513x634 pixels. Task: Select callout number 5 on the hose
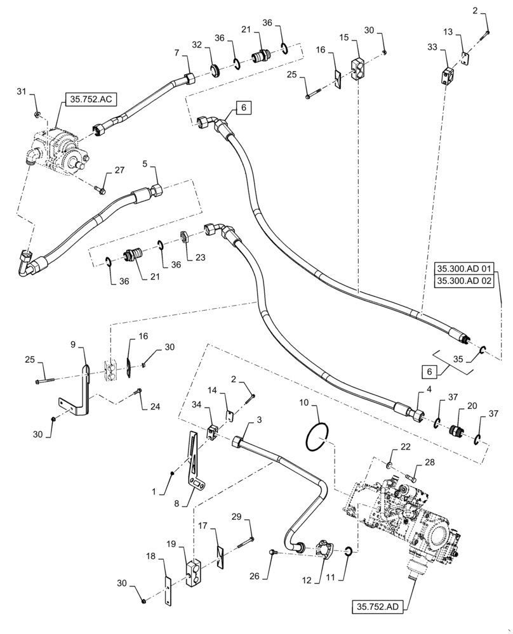coord(145,164)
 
